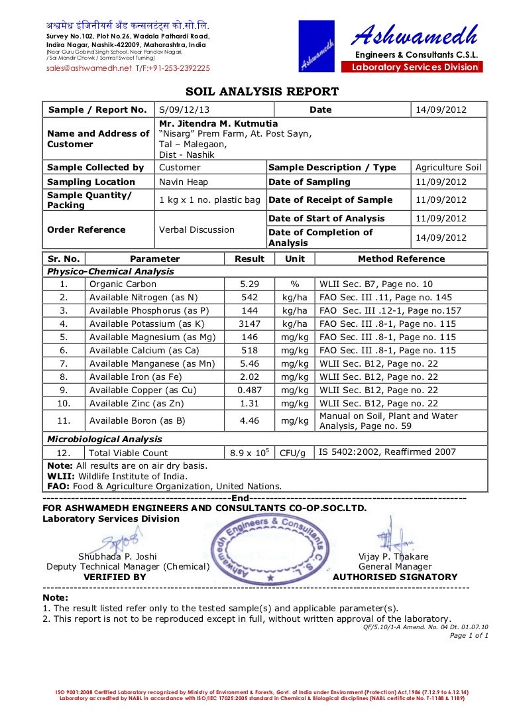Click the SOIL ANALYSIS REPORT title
(x=261, y=91)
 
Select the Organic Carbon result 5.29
(x=249, y=284)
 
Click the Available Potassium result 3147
(x=249, y=324)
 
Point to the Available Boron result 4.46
(x=249, y=420)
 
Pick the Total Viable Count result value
(x=249, y=453)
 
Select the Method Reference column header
(x=401, y=259)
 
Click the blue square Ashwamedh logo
(x=315, y=46)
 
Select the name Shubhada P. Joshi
(x=117, y=557)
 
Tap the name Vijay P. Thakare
(x=394, y=557)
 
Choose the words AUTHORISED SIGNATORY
(x=395, y=577)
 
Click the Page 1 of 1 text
(x=469, y=635)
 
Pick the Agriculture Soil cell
(x=449, y=168)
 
